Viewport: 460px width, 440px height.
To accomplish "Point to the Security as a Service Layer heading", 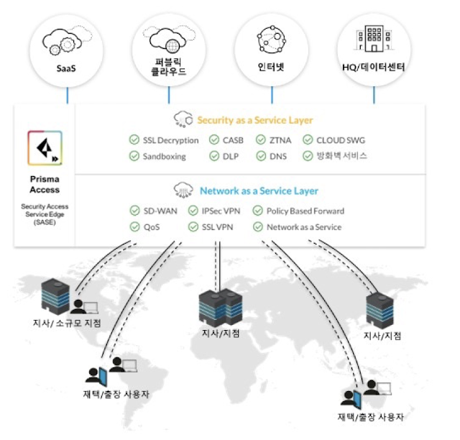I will pos(254,120).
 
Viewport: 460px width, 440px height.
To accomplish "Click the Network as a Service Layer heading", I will pos(258,191).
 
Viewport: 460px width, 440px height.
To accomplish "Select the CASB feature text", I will pos(234,140).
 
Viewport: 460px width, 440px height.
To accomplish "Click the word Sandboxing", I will pos(164,156).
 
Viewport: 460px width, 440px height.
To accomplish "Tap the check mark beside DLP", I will pos(214,156).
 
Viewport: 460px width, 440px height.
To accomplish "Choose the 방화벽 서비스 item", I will pos(341,156).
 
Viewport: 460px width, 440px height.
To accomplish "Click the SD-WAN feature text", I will pos(160,211).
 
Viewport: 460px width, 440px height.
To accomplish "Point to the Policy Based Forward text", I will pos(305,211).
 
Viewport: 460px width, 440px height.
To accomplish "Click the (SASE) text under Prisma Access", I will pos(44,222).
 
